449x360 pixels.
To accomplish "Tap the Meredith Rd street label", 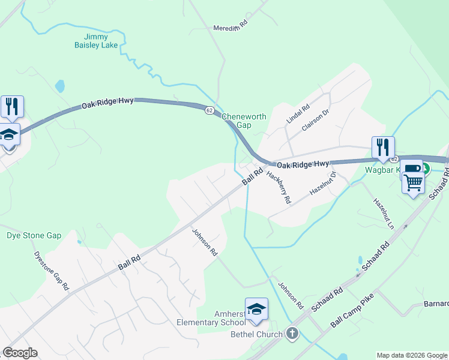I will pyautogui.click(x=231, y=26).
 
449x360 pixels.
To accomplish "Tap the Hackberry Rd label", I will pyautogui.click(x=279, y=187).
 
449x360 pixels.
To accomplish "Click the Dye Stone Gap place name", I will pyautogui.click(x=34, y=235).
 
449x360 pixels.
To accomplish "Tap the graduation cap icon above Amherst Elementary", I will pyautogui.click(x=256, y=308).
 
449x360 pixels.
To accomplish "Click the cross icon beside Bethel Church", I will pyautogui.click(x=292, y=334).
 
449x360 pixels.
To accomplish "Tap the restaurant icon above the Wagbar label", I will pyautogui.click(x=382, y=147).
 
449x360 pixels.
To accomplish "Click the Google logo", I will pyautogui.click(x=20, y=353).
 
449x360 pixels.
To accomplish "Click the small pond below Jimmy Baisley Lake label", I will pyautogui.click(x=60, y=86).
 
